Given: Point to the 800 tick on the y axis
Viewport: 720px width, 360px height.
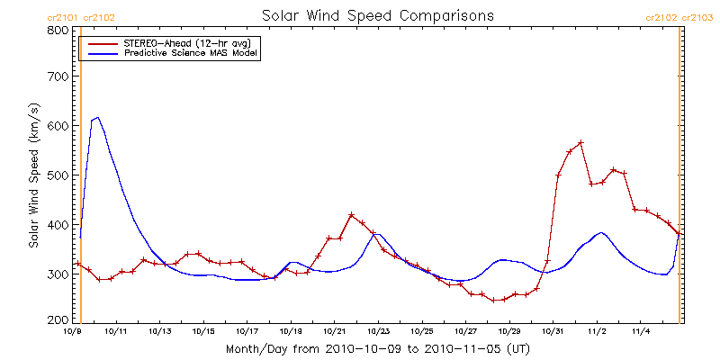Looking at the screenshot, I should pyautogui.click(x=58, y=30).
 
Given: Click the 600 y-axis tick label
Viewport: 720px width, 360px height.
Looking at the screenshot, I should pyautogui.click(x=58, y=127).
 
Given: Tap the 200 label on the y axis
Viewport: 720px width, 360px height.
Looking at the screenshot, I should pyautogui.click(x=58, y=320).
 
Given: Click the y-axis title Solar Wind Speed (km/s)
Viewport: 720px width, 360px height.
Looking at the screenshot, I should pyautogui.click(x=34, y=175).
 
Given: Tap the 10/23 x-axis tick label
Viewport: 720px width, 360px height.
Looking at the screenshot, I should pyautogui.click(x=378, y=331).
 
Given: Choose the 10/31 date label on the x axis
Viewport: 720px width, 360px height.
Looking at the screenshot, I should pyautogui.click(x=553, y=331).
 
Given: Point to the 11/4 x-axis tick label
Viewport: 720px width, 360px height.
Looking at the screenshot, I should pyautogui.click(x=640, y=331).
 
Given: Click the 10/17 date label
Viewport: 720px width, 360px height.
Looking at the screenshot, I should pyautogui.click(x=247, y=331).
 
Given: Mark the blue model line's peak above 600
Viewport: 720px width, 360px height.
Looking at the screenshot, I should pyautogui.click(x=97, y=117).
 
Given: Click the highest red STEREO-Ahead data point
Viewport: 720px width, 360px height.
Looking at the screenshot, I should pyautogui.click(x=580, y=143).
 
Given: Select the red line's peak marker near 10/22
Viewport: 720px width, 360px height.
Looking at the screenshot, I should pyautogui.click(x=351, y=215).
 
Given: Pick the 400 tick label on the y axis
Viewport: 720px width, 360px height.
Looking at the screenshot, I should pyautogui.click(x=58, y=224).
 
